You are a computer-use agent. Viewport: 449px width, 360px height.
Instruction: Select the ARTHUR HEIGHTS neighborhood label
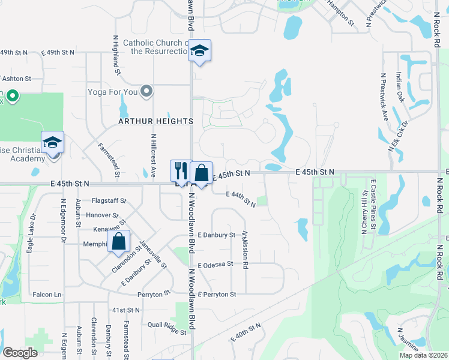click(x=155, y=121)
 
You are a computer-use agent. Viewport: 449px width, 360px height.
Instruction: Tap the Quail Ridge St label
click(x=167, y=328)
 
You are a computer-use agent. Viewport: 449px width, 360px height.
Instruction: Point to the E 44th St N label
click(x=241, y=199)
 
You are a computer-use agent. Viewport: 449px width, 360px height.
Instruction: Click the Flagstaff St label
click(x=109, y=200)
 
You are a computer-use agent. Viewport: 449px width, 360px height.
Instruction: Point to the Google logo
click(x=20, y=352)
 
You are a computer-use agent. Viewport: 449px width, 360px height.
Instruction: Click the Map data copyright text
click(x=423, y=355)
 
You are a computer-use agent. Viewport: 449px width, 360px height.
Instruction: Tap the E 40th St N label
click(x=246, y=332)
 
